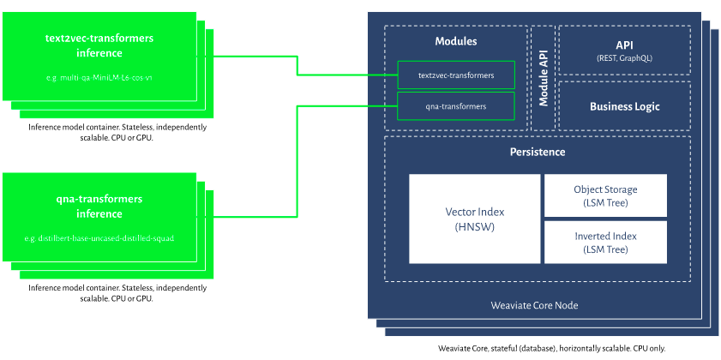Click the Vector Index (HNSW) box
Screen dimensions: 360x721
(474, 219)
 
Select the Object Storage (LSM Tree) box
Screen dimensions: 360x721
(605, 195)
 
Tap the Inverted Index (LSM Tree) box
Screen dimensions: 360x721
(605, 243)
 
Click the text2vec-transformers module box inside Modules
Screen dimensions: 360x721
(456, 75)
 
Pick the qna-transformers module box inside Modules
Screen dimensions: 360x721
(456, 106)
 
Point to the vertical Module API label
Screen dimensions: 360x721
(544, 78)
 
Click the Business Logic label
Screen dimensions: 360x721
(624, 106)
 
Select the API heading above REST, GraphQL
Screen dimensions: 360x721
(624, 45)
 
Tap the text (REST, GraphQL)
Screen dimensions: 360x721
(624, 58)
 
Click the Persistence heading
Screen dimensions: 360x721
(538, 152)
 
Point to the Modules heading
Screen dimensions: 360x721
(455, 41)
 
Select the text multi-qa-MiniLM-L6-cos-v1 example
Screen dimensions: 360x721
(99, 77)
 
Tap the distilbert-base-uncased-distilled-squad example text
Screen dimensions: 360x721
(99, 237)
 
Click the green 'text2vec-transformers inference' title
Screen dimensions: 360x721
(99, 45)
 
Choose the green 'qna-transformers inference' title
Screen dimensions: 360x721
(99, 206)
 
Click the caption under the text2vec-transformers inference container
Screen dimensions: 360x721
(117, 132)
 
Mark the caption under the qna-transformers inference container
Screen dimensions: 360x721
(117, 293)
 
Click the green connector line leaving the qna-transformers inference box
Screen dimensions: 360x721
(297, 163)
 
